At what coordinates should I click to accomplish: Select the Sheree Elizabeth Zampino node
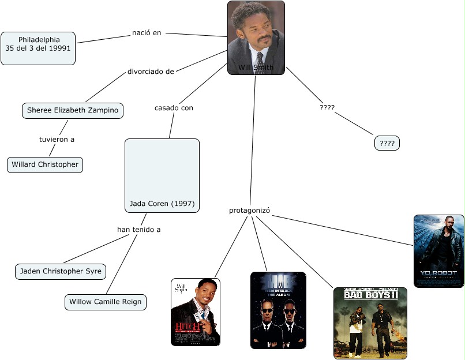pos(73,110)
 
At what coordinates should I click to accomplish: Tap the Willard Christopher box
pos(45,164)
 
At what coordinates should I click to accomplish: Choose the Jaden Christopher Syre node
pos(61,271)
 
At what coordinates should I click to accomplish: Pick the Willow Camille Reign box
pos(105,302)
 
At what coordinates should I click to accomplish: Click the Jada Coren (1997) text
pos(162,204)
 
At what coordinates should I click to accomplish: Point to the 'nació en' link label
pos(147,33)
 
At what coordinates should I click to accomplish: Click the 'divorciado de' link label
pos(151,72)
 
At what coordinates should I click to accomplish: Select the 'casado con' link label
pos(174,108)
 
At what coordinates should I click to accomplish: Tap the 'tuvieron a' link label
pos(57,139)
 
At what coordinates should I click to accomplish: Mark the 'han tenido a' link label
pos(138,229)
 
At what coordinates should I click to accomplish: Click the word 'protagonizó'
pos(250,211)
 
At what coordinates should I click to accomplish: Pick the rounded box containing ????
pos(387,143)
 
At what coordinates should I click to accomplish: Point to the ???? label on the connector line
pos(327,107)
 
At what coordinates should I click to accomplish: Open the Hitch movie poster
pos(196,312)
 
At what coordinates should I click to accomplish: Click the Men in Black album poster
pos(278,310)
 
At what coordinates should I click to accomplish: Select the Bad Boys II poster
pos(370,323)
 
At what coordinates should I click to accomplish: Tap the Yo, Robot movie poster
pos(438,251)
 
